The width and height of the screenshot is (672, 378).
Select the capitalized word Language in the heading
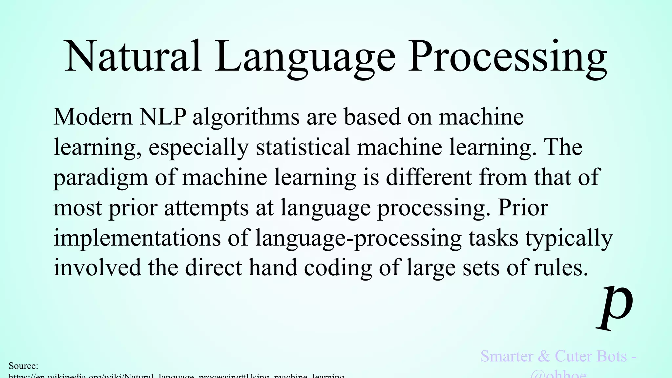click(x=305, y=57)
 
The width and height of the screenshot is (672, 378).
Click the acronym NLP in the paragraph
click(x=163, y=117)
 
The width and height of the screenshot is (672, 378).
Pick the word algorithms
click(x=246, y=117)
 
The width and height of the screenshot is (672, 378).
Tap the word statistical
click(x=303, y=147)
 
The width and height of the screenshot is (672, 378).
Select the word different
click(x=429, y=177)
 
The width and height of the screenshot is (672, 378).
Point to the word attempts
click(x=206, y=208)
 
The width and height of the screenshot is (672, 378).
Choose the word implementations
click(x=137, y=238)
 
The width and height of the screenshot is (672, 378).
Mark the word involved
click(x=97, y=267)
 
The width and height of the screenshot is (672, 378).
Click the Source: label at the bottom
click(x=23, y=366)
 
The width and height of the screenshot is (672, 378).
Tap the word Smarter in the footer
click(x=507, y=356)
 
